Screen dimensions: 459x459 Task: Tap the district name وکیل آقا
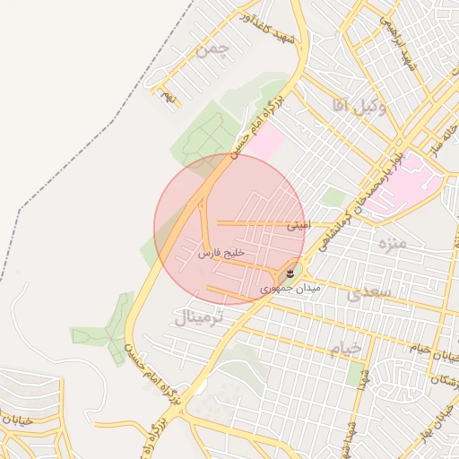[x=358, y=107]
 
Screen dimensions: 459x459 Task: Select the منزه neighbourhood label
[x=393, y=243]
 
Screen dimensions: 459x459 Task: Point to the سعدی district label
[x=368, y=293]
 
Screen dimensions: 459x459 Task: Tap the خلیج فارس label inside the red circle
[x=221, y=254]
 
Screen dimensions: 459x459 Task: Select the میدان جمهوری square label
[x=284, y=289]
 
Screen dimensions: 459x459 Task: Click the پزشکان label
[x=445, y=381]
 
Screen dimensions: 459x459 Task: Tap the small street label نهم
[x=166, y=92]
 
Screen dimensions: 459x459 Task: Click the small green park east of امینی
[x=333, y=198]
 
